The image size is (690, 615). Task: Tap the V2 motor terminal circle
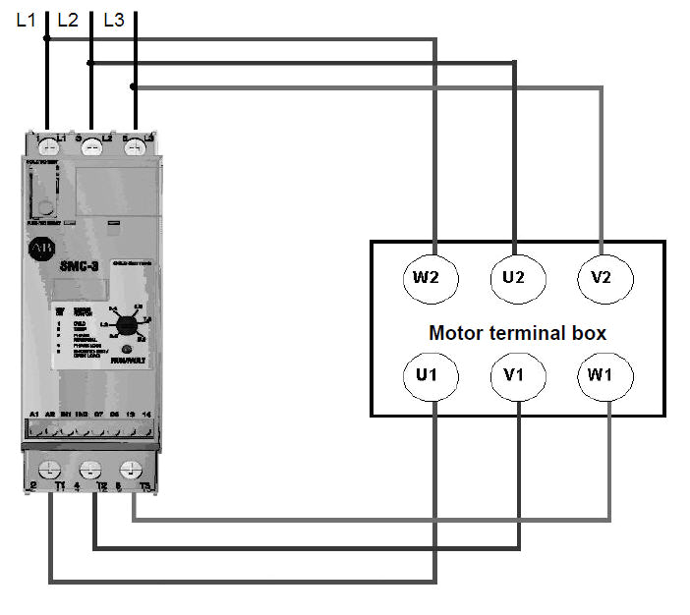coord(603,277)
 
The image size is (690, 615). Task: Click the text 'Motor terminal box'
coord(517,333)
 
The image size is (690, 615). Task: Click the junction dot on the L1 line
coord(46,39)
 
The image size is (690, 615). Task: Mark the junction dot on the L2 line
coord(90,63)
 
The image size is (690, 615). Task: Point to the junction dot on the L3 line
coord(134,86)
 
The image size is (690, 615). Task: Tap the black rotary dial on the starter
coord(126,325)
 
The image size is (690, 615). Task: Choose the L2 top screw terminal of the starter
coord(90,146)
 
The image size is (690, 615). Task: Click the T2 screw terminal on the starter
coord(89,471)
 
